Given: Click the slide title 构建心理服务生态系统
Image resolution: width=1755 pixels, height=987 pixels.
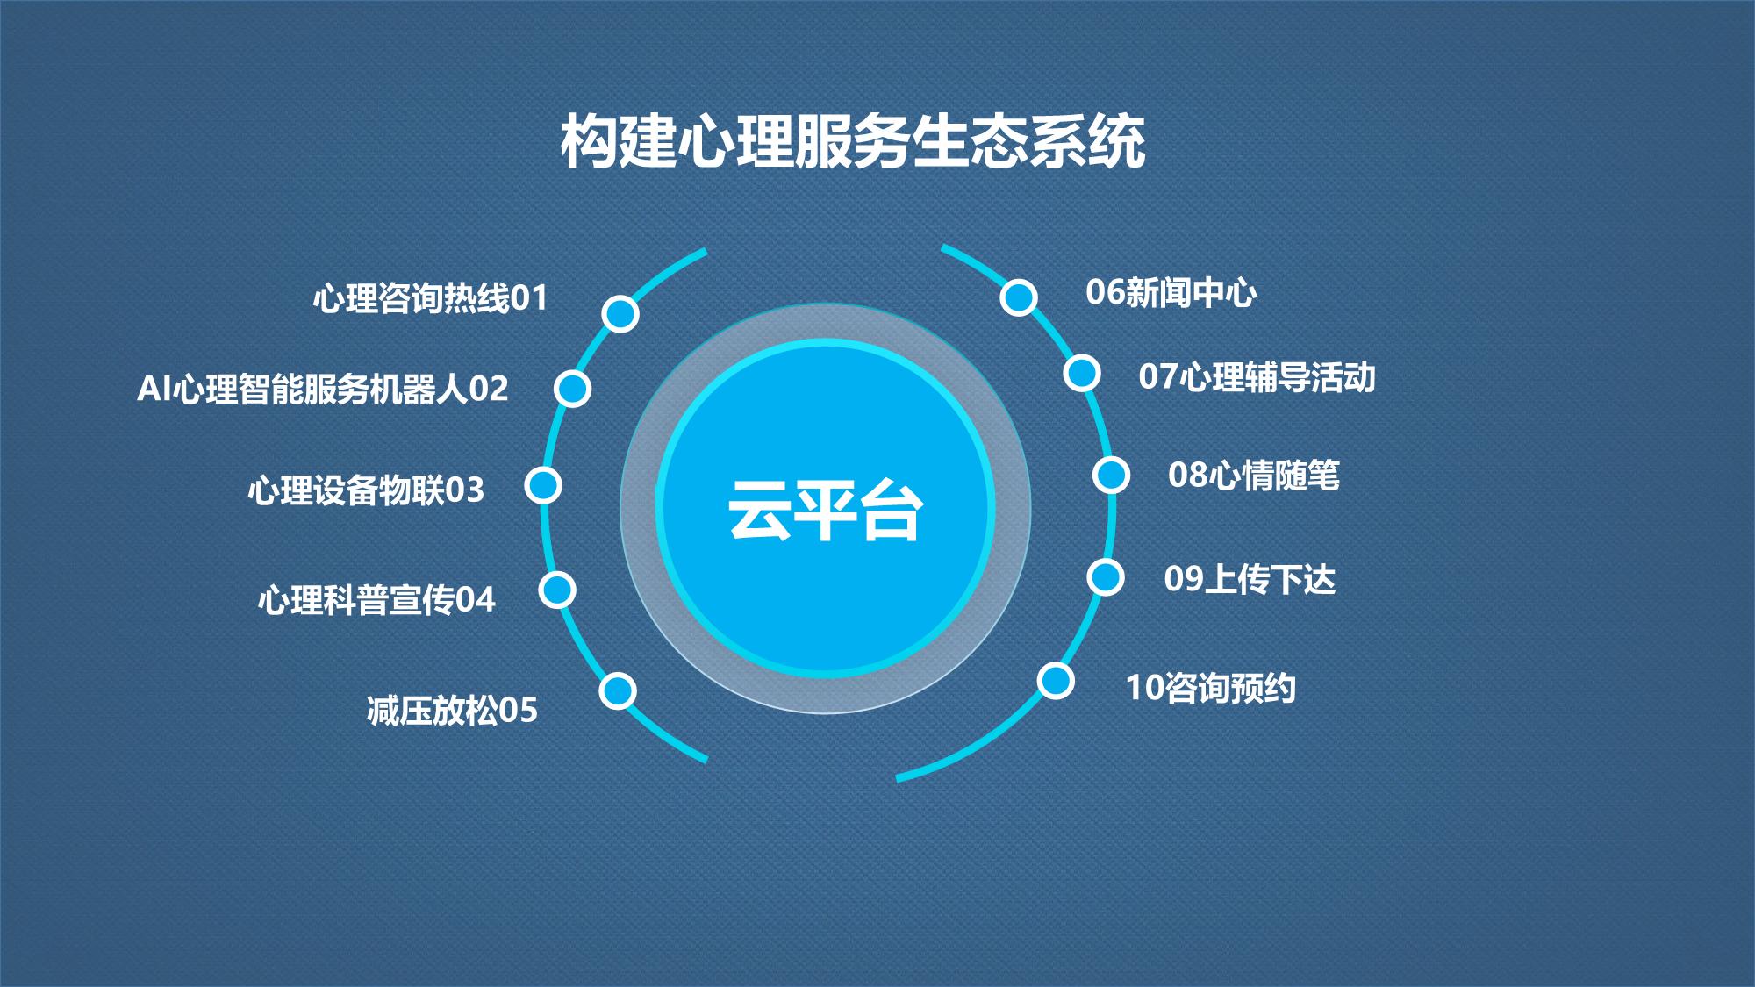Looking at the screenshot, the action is pos(853,140).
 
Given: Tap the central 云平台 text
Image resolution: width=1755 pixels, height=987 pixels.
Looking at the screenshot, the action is pos(825,511).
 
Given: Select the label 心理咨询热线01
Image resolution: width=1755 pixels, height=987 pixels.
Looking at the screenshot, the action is pos(430,298).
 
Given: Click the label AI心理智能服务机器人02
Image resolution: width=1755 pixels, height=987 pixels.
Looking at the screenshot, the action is pos(323,389).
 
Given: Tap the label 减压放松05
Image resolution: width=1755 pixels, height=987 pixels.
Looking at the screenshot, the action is pos(453,711).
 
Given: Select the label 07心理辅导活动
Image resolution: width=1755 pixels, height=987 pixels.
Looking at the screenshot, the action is pos(1257,377).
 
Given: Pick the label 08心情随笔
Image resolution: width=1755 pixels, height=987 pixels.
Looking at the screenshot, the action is pos(1254,476).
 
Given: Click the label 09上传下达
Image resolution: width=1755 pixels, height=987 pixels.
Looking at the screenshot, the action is pos(1250,579).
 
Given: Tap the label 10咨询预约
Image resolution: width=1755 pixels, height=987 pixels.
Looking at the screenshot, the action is pos(1211,688).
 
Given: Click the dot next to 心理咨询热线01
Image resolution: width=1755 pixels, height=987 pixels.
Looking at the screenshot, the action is pos(620,313).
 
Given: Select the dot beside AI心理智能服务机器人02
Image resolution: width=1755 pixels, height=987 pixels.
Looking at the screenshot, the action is pos(572,388).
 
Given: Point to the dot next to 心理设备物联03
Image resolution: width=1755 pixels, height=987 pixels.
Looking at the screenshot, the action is pos(543,485).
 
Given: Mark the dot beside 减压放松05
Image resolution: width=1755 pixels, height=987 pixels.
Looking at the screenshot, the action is pos(618,690).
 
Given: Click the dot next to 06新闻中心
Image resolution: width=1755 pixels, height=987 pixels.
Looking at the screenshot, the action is pos(1019,297).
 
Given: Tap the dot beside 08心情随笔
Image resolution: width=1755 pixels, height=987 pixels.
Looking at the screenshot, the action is pos(1111,475).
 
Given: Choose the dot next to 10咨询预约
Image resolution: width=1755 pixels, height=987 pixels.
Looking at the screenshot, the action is pos(1056,681).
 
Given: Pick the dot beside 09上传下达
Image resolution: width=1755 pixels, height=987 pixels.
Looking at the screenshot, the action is pos(1106,577).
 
